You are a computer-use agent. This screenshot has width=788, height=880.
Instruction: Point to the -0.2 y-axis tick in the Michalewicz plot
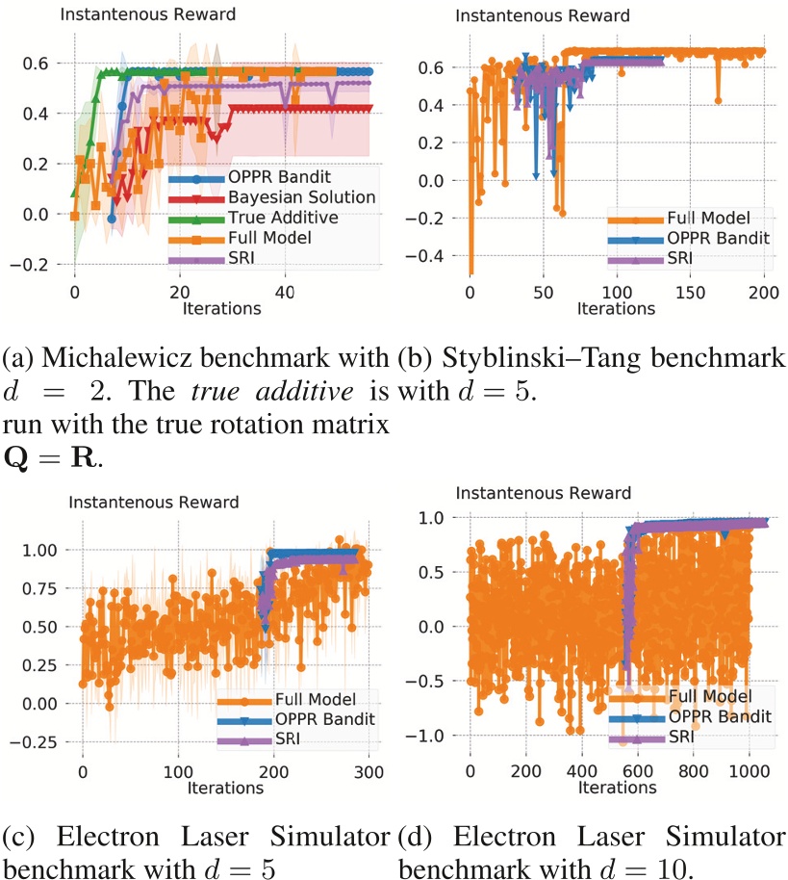pos(47,264)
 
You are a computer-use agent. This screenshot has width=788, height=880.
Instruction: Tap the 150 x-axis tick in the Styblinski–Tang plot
pos(691,292)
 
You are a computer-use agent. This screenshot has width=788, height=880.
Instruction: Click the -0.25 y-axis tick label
pos(41,741)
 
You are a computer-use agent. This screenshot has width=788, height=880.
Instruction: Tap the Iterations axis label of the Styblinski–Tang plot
pos(616,308)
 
